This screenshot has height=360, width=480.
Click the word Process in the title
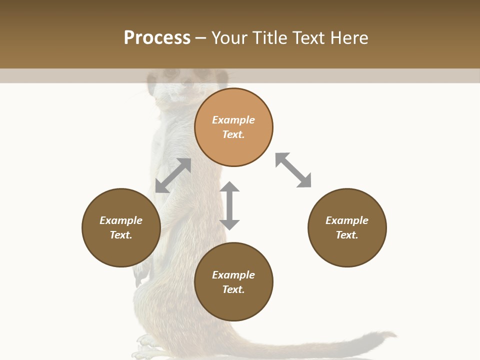[x=157, y=38]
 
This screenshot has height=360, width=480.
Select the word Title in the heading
[x=268, y=38]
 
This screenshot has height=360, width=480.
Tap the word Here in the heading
[x=348, y=38]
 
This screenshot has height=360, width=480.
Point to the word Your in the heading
[x=230, y=38]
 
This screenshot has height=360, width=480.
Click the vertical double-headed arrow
[x=229, y=205]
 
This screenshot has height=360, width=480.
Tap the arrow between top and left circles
[x=173, y=175]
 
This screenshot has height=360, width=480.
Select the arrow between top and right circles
[x=293, y=170]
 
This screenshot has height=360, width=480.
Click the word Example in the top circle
[x=233, y=120]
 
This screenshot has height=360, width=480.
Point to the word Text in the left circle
[x=121, y=235]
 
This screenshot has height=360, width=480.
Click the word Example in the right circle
[x=347, y=220]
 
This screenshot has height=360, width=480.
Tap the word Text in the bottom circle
[x=233, y=289]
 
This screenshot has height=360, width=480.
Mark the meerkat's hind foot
[x=147, y=345]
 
